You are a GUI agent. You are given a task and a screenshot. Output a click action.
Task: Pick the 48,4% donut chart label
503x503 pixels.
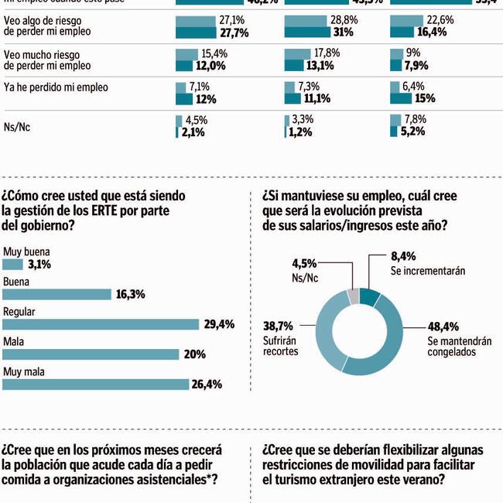(x=443, y=327)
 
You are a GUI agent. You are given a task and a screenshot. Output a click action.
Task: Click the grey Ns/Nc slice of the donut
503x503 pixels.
(x=353, y=296)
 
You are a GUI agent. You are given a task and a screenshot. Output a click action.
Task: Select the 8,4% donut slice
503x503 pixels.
(x=369, y=296)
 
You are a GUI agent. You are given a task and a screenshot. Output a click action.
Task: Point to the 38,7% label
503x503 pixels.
(x=279, y=327)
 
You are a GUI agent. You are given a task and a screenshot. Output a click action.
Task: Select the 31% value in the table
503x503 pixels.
(x=321, y=33)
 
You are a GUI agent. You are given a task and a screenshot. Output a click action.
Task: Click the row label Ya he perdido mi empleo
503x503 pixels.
(x=56, y=87)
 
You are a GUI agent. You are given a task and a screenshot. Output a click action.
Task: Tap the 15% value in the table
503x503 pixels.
(x=424, y=99)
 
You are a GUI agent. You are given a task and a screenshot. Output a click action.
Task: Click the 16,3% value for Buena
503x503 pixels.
(x=130, y=295)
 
